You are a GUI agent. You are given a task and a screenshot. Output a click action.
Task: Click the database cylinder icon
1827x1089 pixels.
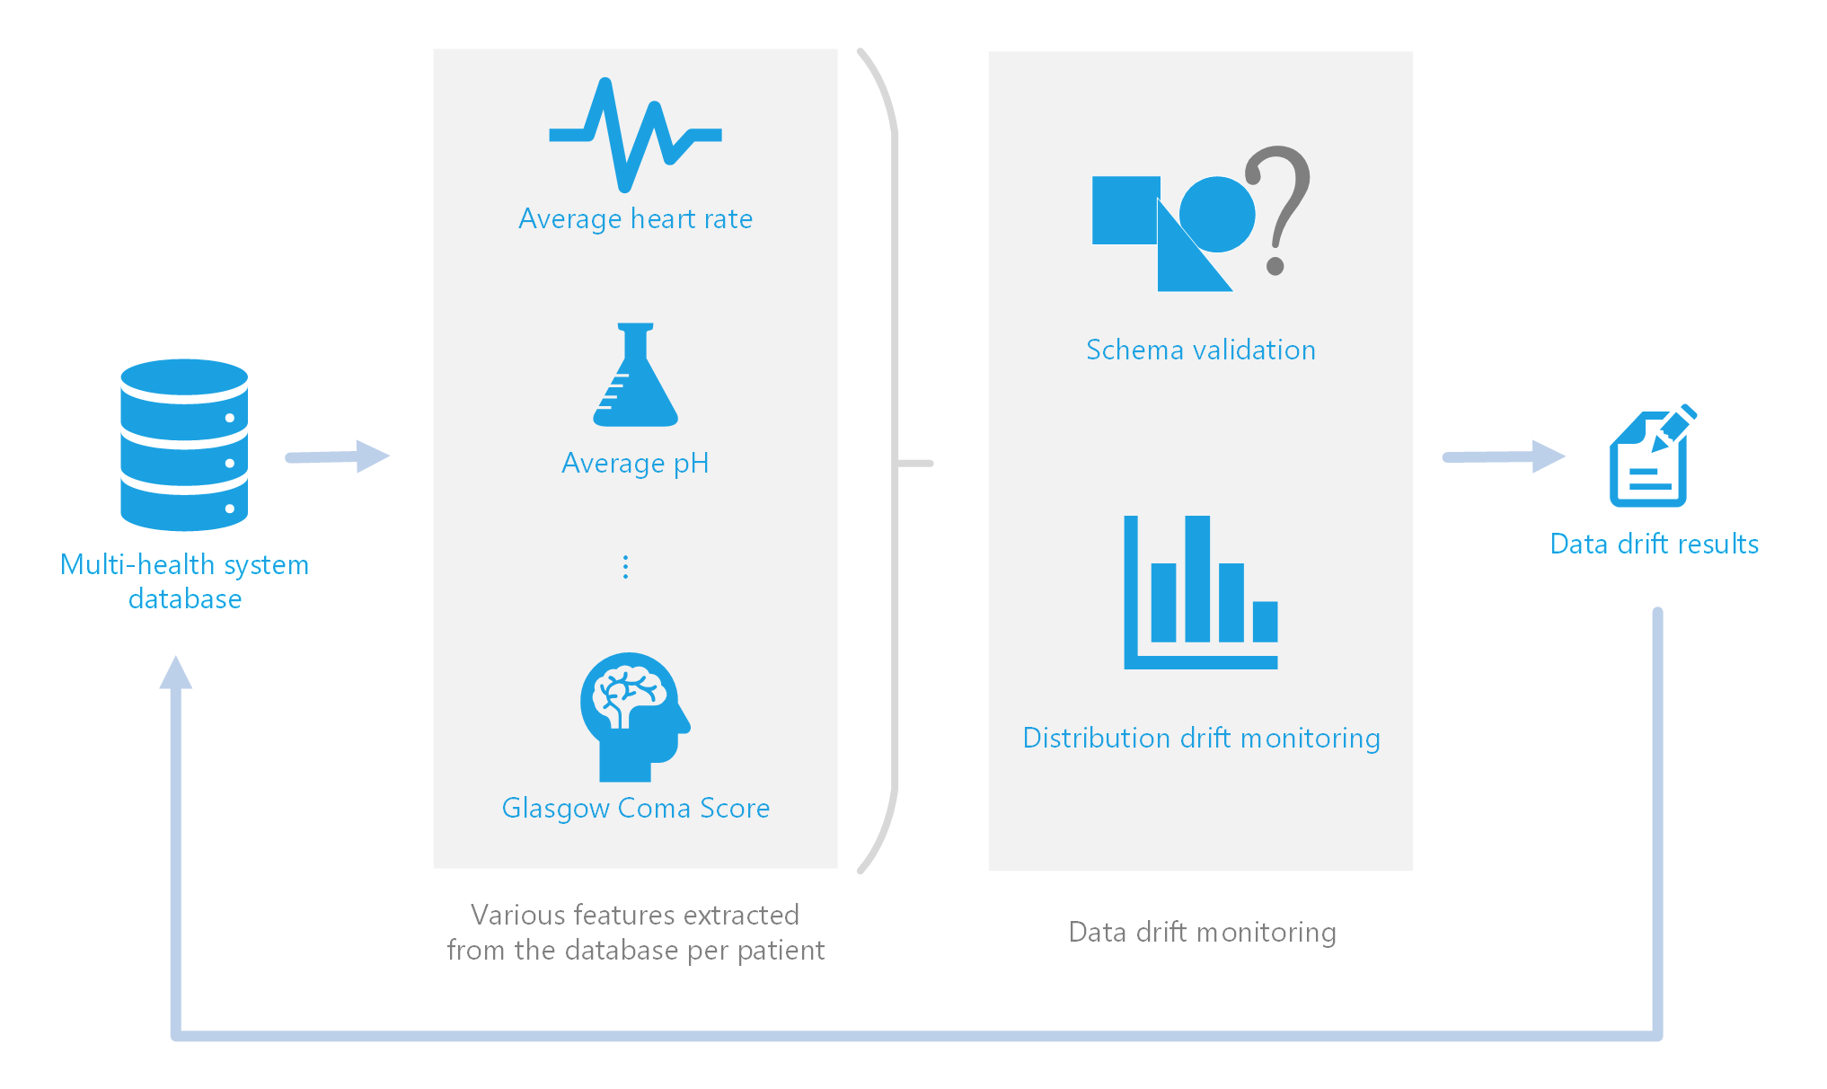184,445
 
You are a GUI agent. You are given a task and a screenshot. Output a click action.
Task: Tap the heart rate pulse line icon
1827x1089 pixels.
634,135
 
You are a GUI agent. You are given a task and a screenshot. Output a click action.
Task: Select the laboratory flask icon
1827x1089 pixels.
635,377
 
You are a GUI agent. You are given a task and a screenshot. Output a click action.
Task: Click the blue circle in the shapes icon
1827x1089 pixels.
1218,214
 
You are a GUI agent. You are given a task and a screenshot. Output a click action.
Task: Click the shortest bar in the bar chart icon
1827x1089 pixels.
1265,621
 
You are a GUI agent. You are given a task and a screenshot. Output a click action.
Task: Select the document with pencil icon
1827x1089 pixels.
1649,458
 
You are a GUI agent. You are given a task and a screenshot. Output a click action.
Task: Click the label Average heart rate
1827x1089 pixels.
635,219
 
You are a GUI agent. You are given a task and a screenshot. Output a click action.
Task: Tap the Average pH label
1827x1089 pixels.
635,464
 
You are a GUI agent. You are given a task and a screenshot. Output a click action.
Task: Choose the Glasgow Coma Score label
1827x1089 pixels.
635,808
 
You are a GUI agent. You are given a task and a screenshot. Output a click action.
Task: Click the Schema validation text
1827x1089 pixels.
1200,350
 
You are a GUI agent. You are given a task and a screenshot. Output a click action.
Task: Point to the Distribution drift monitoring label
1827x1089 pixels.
1201,738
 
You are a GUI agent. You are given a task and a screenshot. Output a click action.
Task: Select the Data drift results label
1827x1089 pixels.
1654,544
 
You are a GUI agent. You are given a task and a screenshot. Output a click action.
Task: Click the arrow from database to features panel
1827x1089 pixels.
337,456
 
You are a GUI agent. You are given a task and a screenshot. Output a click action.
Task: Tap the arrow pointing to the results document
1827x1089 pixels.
1504,456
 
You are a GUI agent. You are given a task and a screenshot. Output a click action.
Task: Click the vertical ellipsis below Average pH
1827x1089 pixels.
625,567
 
